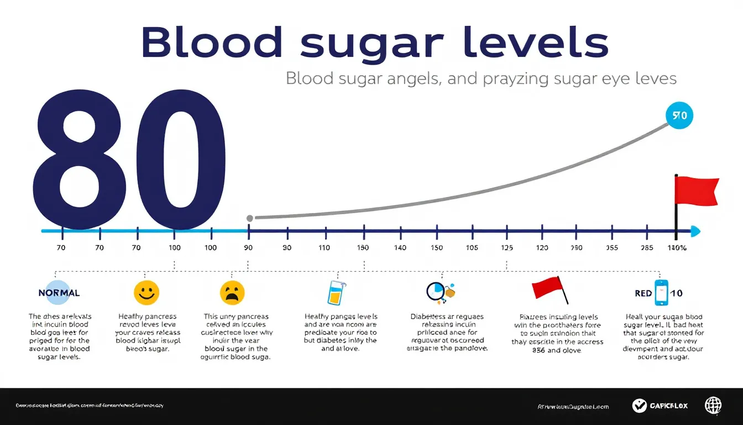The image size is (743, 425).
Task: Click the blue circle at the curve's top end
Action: pyautogui.click(x=679, y=116)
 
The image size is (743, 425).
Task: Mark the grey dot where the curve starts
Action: pyautogui.click(x=249, y=218)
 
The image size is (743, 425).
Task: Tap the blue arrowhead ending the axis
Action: pyautogui.click(x=695, y=231)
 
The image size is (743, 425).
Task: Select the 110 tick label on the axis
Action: pyautogui.click(x=324, y=248)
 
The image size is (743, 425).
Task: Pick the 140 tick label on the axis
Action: pyautogui.click(x=400, y=248)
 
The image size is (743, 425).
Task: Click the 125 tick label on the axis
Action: pyautogui.click(x=506, y=248)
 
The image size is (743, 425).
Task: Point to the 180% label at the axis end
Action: pyautogui.click(x=677, y=248)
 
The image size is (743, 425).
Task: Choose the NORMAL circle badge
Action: pyautogui.click(x=59, y=293)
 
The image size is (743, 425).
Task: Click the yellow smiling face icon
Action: pyautogui.click(x=146, y=292)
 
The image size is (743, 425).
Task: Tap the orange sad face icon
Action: pyautogui.click(x=232, y=292)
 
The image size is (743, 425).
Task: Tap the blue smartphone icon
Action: pyautogui.click(x=661, y=293)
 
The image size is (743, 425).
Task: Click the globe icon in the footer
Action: pyautogui.click(x=713, y=406)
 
